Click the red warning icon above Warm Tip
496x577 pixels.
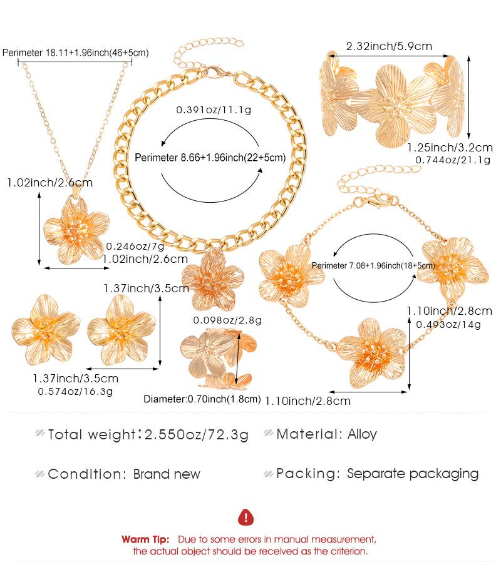[247, 517]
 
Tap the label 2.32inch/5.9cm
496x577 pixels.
[389, 46]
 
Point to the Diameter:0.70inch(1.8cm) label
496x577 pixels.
[202, 399]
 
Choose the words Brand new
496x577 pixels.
[167, 474]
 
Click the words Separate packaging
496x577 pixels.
[413, 474]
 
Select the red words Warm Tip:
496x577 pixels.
[145, 539]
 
